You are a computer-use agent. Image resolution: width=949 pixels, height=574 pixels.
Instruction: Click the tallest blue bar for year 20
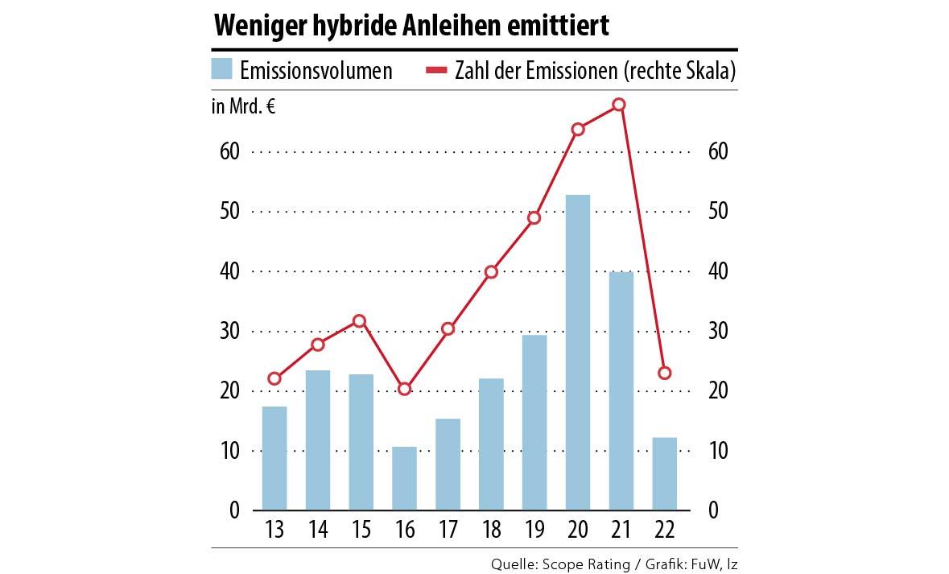click(578, 353)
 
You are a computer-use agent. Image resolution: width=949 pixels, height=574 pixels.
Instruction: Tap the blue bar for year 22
click(665, 473)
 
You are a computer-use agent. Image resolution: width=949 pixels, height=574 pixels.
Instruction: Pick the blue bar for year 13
click(274, 458)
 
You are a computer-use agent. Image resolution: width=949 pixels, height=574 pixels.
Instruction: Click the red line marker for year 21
click(619, 105)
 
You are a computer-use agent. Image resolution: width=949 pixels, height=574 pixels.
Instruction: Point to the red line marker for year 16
click(405, 389)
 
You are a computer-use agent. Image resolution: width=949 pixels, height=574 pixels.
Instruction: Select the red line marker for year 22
click(665, 373)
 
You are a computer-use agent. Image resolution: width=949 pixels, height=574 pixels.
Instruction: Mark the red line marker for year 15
click(360, 321)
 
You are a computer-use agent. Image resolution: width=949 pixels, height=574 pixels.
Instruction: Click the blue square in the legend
click(222, 70)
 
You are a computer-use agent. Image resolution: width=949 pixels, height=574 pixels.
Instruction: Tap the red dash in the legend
click(435, 71)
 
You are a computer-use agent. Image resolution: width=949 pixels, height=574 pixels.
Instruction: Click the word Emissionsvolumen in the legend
click(316, 71)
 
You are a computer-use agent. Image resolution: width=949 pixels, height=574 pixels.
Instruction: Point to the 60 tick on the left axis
click(229, 151)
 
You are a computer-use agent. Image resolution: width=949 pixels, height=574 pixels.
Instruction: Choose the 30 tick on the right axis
click(719, 331)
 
